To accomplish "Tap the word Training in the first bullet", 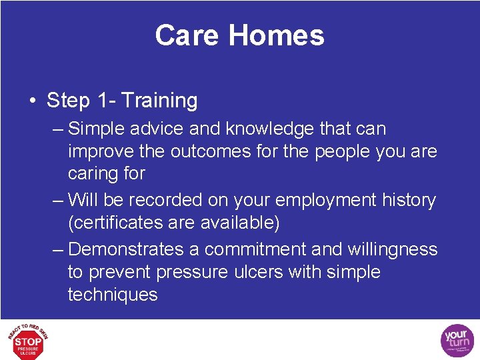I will (x=160, y=101).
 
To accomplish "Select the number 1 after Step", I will (x=103, y=101).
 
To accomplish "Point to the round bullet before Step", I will (x=33, y=101).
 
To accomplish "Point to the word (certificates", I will (x=120, y=223).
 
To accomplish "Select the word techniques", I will (x=113, y=295).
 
